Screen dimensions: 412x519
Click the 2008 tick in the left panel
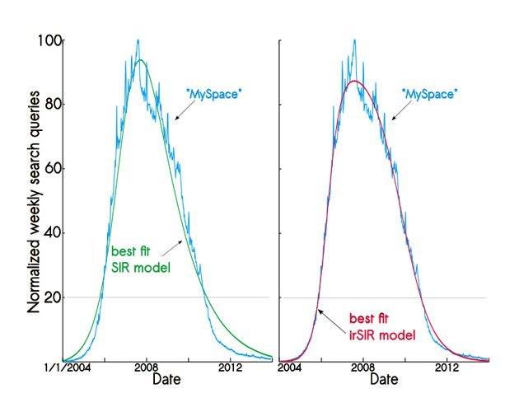[146, 368]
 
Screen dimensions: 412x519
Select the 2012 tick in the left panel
[231, 368]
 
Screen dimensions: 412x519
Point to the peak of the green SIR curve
[142, 60]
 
